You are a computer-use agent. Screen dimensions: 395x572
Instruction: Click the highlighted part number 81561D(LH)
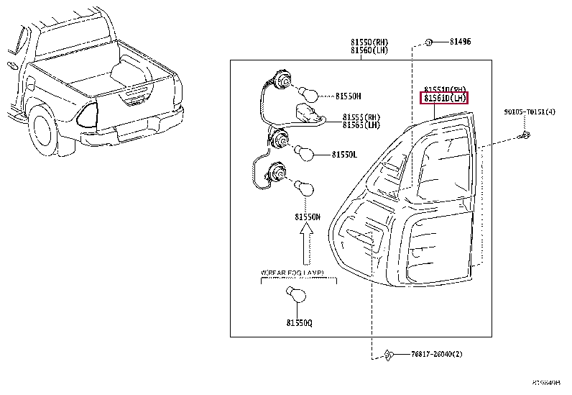(444, 98)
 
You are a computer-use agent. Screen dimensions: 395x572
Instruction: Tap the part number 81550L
(345, 154)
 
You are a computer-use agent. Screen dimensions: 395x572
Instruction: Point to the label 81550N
(307, 216)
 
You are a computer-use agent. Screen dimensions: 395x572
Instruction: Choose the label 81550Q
(298, 323)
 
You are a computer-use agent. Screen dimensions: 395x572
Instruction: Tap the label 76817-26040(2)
(437, 353)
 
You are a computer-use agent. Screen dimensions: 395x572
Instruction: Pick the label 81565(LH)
(361, 124)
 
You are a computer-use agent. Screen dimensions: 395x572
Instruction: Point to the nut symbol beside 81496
(428, 42)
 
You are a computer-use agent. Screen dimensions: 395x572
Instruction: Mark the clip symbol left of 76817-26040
(388, 353)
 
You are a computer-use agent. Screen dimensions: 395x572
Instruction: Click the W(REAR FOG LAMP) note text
(292, 273)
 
